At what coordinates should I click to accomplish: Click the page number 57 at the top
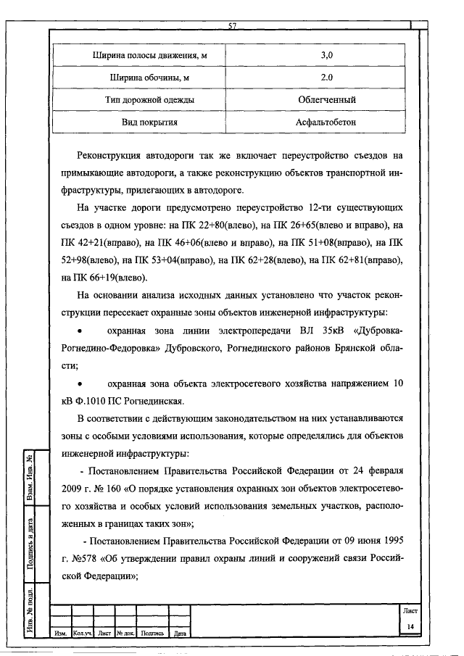click(x=233, y=27)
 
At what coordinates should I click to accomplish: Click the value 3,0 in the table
click(x=326, y=55)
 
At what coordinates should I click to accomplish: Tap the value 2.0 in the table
click(x=326, y=77)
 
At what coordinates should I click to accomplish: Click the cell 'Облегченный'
click(x=326, y=99)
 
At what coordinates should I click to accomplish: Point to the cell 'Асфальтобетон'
click(x=326, y=122)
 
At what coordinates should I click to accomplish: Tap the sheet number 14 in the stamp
click(x=410, y=626)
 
